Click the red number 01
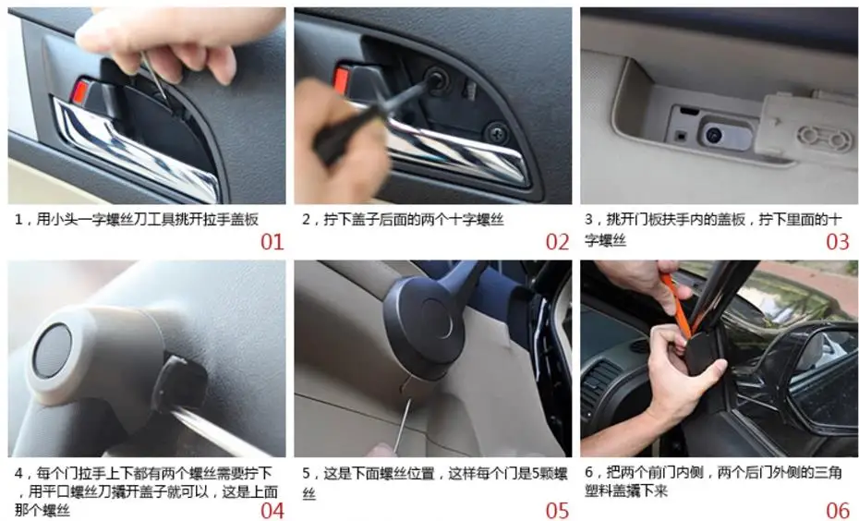pyautogui.click(x=272, y=242)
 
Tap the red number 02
pyautogui.click(x=558, y=242)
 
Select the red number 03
pyautogui.click(x=838, y=242)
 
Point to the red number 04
pyautogui.click(x=272, y=511)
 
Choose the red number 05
pyautogui.click(x=558, y=511)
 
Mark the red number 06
pyautogui.click(x=838, y=511)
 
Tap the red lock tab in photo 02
pyautogui.click(x=342, y=80)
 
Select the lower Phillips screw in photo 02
pyautogui.click(x=497, y=133)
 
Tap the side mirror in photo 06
pyautogui.click(x=817, y=372)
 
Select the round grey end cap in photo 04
pyautogui.click(x=52, y=351)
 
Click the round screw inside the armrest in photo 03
pyautogui.click(x=713, y=134)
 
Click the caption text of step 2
pyautogui.click(x=403, y=220)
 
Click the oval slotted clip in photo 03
pyautogui.click(x=825, y=139)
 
